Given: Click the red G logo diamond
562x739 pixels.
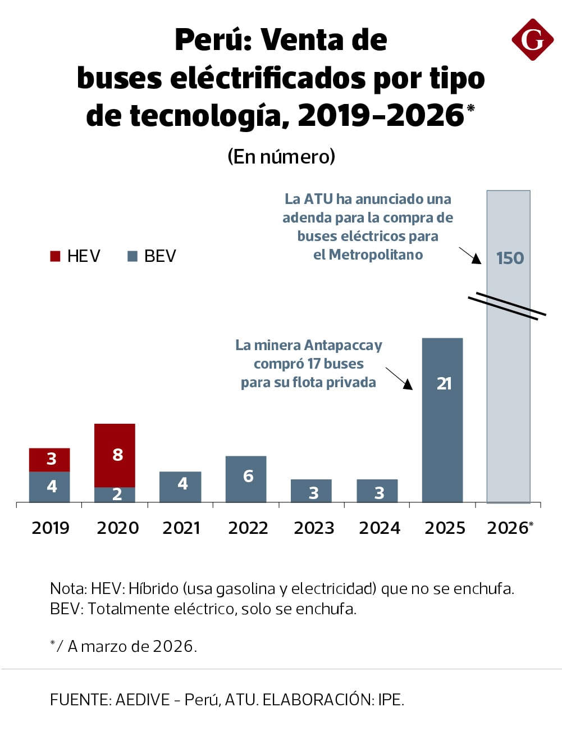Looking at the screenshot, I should (532, 39).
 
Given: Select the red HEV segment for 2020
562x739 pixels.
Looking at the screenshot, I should (115, 455).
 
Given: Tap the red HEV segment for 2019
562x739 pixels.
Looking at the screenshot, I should (49, 459).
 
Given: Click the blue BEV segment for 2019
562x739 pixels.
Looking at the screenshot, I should (49, 487).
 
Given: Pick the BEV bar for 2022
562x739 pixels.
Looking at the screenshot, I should (246, 478).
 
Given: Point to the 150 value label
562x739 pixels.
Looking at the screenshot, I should (510, 258).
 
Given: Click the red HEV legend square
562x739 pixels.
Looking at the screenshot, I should (55, 256).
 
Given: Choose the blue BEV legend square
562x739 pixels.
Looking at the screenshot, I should (132, 256).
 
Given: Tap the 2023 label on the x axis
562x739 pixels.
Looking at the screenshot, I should (314, 528).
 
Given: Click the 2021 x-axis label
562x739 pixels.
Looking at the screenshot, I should (181, 528).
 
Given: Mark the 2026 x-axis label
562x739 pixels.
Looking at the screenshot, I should (508, 528).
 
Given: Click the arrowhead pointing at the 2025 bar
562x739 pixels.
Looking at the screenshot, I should (408, 384).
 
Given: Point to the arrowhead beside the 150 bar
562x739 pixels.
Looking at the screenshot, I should (477, 259).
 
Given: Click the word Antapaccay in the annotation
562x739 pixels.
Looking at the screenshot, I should (344, 345).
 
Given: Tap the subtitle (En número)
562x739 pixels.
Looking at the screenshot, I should (281, 156).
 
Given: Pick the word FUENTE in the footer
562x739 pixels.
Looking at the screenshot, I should (80, 700).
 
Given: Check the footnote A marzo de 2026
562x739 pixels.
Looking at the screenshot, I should (132, 646).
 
